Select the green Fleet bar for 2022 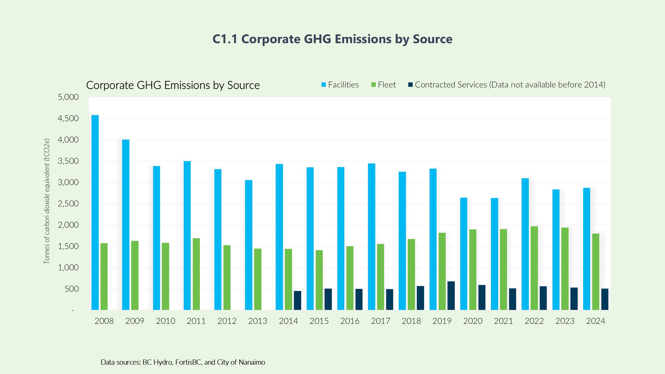click(534, 268)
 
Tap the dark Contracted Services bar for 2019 click(451, 296)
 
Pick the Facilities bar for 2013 click(249, 245)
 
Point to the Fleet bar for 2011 click(196, 274)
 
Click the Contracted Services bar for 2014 click(298, 300)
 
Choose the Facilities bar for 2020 click(464, 254)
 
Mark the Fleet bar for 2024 click(596, 272)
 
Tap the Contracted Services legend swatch click(410, 85)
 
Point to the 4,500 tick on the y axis click(68, 118)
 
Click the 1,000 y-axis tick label click(68, 268)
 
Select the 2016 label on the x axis click(350, 321)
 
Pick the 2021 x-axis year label click(503, 321)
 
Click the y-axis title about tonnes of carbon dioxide click(47, 201)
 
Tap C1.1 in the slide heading click(225, 39)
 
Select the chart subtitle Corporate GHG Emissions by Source click(173, 85)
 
